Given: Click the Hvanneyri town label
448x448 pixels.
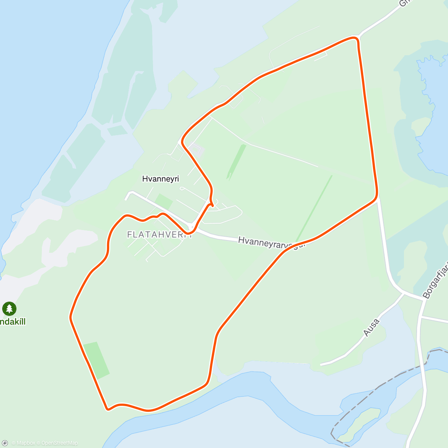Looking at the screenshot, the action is (161, 179).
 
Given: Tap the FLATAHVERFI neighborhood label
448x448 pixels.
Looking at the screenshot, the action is (160, 234).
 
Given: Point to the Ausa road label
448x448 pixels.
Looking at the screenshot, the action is (371, 327).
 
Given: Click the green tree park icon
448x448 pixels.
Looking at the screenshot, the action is (9, 309).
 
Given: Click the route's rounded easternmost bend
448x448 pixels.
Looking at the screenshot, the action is (376, 194).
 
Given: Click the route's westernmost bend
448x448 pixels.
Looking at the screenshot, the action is (71, 317).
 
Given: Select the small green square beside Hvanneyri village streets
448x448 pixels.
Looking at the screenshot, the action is (164, 202).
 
